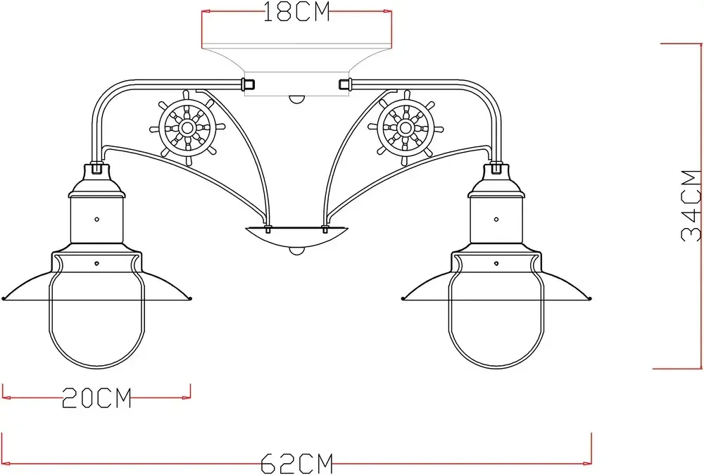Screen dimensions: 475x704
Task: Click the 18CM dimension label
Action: pos(296,13)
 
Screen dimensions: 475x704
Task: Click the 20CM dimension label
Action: pos(97,398)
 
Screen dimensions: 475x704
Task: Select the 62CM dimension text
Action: pos(296,464)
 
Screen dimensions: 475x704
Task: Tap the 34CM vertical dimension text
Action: pos(692,205)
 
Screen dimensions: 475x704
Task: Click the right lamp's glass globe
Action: pos(497,324)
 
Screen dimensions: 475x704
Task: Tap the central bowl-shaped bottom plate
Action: pos(296,238)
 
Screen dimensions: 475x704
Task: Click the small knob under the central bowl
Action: pos(296,251)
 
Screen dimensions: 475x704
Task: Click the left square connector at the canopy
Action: pos(248,84)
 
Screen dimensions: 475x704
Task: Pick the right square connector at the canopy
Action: pos(344,84)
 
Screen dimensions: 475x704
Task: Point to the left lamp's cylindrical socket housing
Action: pos(96,221)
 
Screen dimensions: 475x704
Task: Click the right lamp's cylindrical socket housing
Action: pos(496,221)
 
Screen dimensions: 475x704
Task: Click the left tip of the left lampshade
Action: pos(4,298)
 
